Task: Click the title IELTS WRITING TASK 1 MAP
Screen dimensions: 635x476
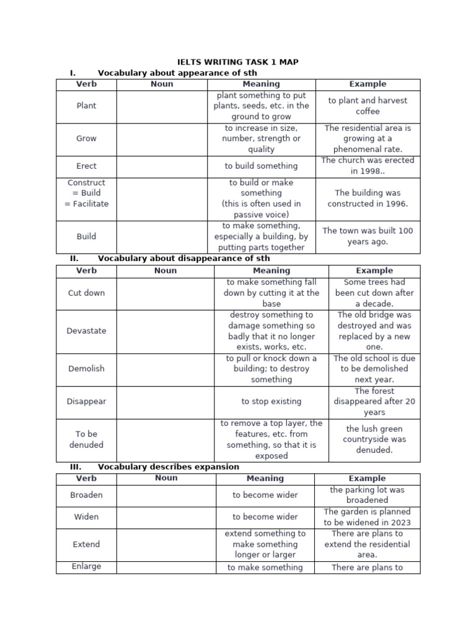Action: coord(238,62)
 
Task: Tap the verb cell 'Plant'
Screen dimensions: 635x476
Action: coord(86,106)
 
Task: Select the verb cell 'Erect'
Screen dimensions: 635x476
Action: coord(86,166)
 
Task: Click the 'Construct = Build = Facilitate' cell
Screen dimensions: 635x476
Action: coord(86,193)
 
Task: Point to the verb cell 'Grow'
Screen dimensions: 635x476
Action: coord(86,139)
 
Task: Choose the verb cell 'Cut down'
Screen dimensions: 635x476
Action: coord(86,293)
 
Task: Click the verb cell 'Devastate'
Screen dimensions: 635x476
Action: coord(86,331)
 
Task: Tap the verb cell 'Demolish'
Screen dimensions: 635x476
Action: coord(86,368)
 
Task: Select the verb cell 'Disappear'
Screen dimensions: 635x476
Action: coord(86,401)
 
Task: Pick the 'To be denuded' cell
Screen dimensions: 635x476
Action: coord(86,439)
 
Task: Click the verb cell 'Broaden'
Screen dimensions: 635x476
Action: coord(86,495)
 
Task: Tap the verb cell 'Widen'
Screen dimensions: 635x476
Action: coord(86,517)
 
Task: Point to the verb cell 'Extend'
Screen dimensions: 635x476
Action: coord(86,544)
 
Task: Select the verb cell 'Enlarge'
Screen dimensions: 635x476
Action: coord(86,566)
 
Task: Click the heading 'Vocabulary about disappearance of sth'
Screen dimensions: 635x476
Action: coord(183,259)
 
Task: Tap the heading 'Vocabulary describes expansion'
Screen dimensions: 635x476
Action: coord(168,467)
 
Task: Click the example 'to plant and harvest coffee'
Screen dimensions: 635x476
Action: coord(368,106)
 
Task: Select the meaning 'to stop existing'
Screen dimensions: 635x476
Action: coord(271,401)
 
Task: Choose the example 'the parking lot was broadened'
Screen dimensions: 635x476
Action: coord(367,495)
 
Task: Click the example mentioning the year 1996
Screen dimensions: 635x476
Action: coord(368,198)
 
